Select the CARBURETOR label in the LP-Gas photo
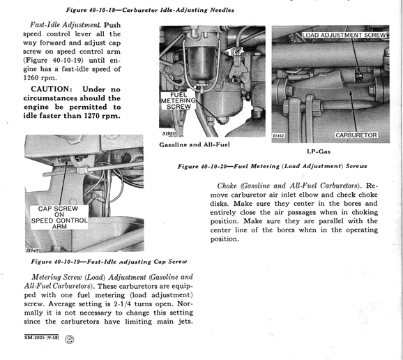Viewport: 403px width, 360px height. (x=356, y=135)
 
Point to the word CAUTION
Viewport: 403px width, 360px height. (x=50, y=89)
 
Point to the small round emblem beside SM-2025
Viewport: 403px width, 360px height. (x=69, y=339)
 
